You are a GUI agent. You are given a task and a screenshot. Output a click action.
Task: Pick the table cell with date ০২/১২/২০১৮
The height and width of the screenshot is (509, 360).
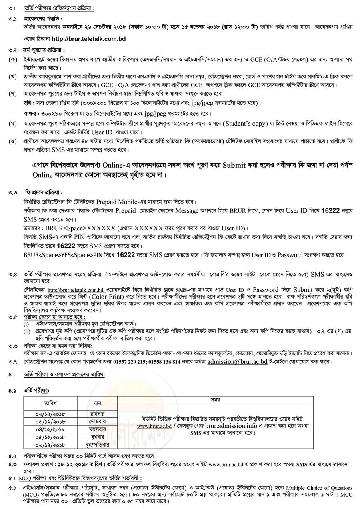(x=54, y=414)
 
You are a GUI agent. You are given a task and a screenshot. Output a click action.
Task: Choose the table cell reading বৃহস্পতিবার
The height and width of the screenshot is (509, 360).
(x=97, y=444)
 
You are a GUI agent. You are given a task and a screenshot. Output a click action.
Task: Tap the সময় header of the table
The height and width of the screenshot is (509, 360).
(x=233, y=399)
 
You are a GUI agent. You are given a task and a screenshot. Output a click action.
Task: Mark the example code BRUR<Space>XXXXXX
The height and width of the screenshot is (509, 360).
(x=75, y=228)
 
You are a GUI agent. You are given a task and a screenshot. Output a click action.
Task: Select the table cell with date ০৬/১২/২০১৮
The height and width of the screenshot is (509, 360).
(x=54, y=444)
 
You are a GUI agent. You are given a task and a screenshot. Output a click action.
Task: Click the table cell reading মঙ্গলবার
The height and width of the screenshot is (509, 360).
(x=97, y=429)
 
